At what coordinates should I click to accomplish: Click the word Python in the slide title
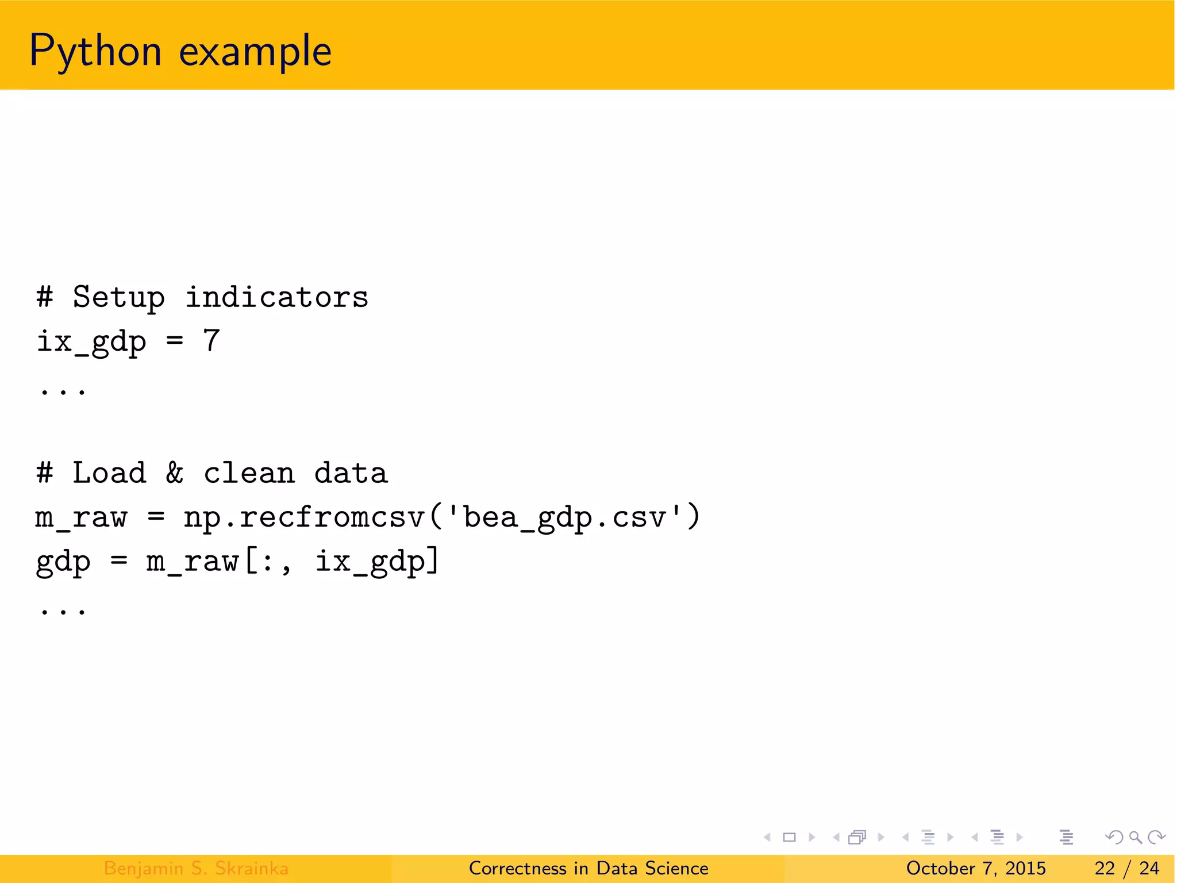[x=95, y=52]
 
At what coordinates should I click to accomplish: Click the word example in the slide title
[x=255, y=52]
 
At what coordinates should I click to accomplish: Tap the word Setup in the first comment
[x=118, y=298]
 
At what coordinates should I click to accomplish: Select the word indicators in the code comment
[x=276, y=298]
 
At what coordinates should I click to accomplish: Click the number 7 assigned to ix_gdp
[x=211, y=340]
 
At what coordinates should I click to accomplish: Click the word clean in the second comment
[x=249, y=474]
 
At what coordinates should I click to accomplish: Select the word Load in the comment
[x=109, y=473]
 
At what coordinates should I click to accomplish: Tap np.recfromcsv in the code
[x=303, y=517]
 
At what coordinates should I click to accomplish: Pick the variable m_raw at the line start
[x=80, y=517]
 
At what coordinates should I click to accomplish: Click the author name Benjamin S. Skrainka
[x=196, y=868]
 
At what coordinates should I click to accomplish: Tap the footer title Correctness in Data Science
[x=588, y=868]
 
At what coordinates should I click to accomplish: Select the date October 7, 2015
[x=976, y=868]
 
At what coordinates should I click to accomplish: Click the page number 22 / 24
[x=1126, y=868]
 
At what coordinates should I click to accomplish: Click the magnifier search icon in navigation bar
[x=1135, y=837]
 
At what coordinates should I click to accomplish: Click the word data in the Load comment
[x=351, y=473]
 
